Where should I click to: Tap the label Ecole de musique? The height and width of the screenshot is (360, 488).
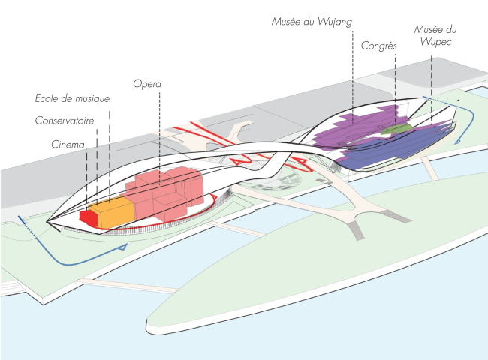72,98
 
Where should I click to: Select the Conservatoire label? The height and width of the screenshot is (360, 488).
68,121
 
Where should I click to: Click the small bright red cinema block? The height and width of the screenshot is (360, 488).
88,217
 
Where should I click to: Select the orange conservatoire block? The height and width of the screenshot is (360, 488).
113,212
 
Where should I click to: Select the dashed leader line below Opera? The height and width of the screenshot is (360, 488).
160,135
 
